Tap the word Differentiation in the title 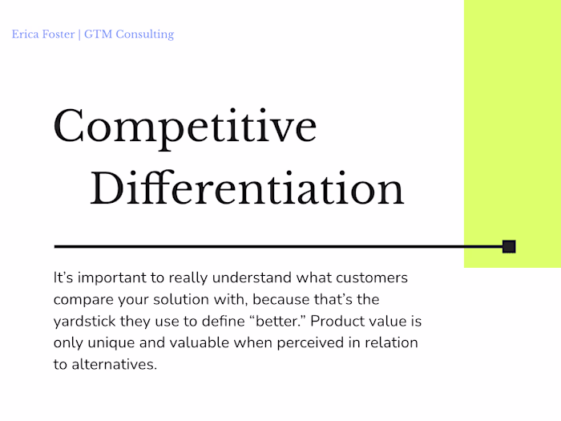[247, 189]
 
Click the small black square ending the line [508, 246]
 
